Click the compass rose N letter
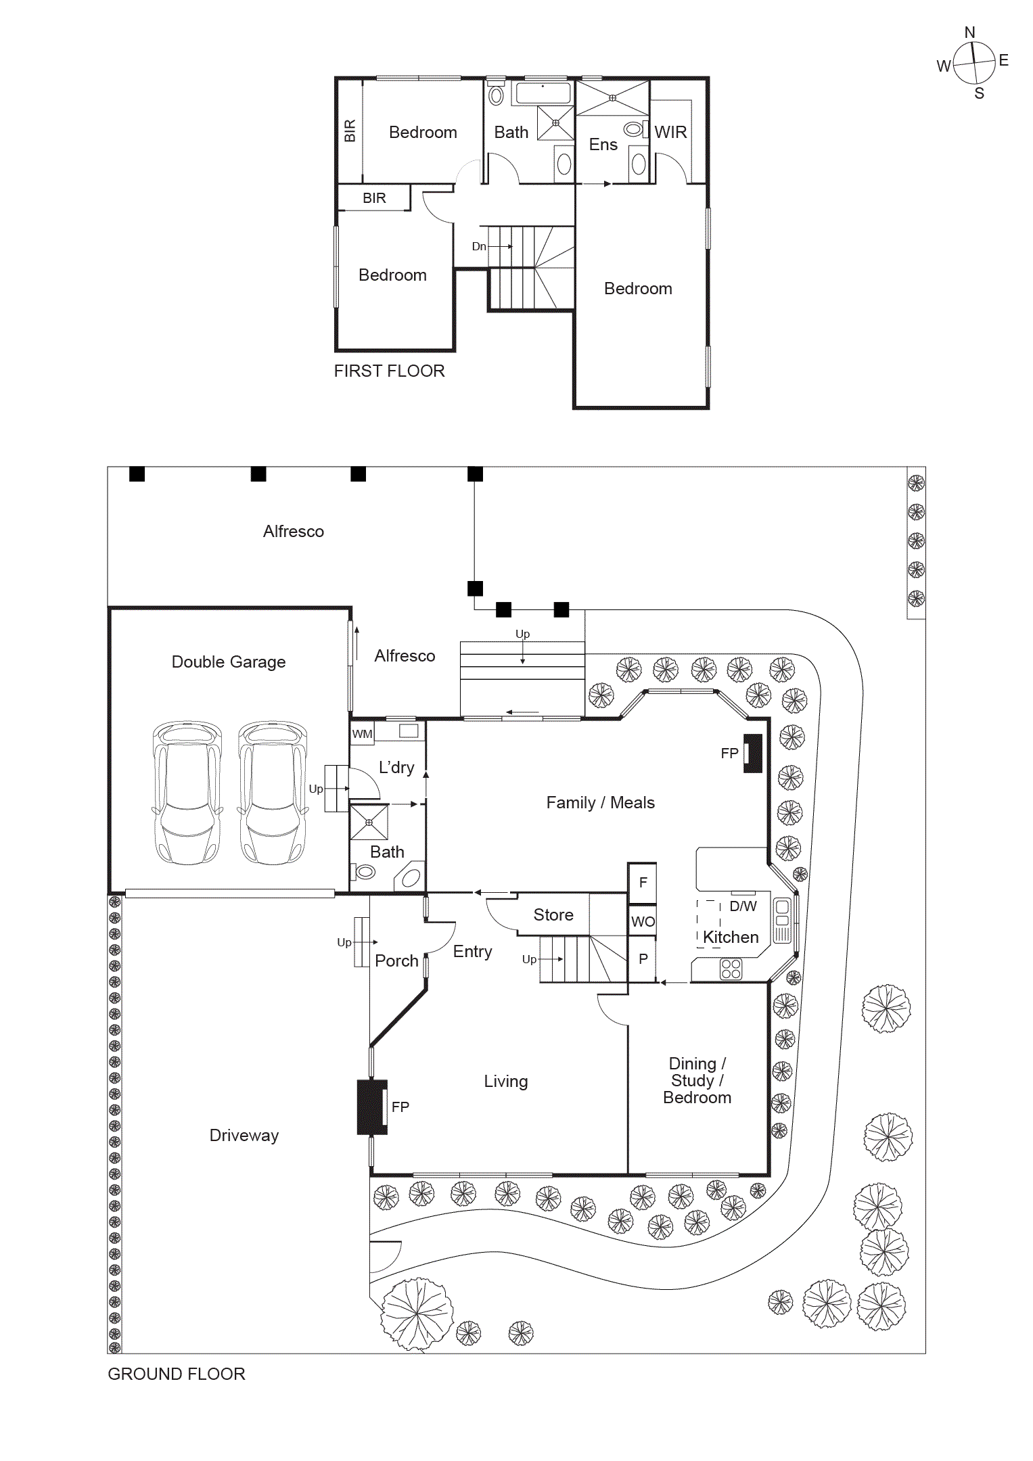(x=969, y=32)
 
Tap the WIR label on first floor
(x=670, y=132)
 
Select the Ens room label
(x=603, y=145)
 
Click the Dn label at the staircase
(x=479, y=246)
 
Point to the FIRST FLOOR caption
(x=389, y=371)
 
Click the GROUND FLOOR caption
(x=176, y=1374)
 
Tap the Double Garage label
(x=229, y=662)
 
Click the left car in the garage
(x=187, y=793)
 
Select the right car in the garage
(x=273, y=793)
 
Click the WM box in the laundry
(x=362, y=734)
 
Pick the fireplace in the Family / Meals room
(x=753, y=753)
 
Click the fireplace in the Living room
(x=371, y=1107)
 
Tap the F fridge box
(x=643, y=882)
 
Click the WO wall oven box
(x=643, y=921)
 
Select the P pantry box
(x=643, y=958)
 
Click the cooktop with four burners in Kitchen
(x=731, y=969)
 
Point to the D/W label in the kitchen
(x=743, y=906)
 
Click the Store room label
(x=553, y=914)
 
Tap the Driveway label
(x=244, y=1135)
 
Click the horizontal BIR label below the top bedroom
(x=374, y=198)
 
